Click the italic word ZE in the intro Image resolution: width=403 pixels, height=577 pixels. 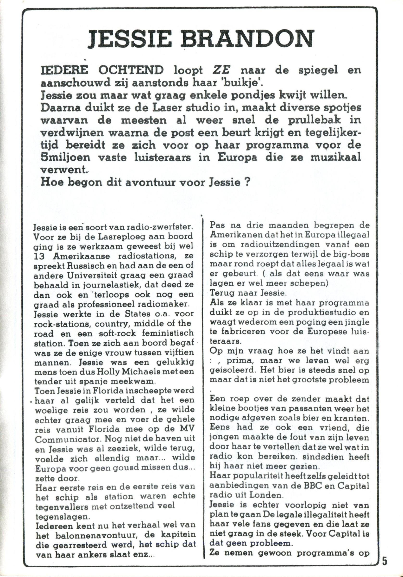pyautogui.click(x=220, y=70)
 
